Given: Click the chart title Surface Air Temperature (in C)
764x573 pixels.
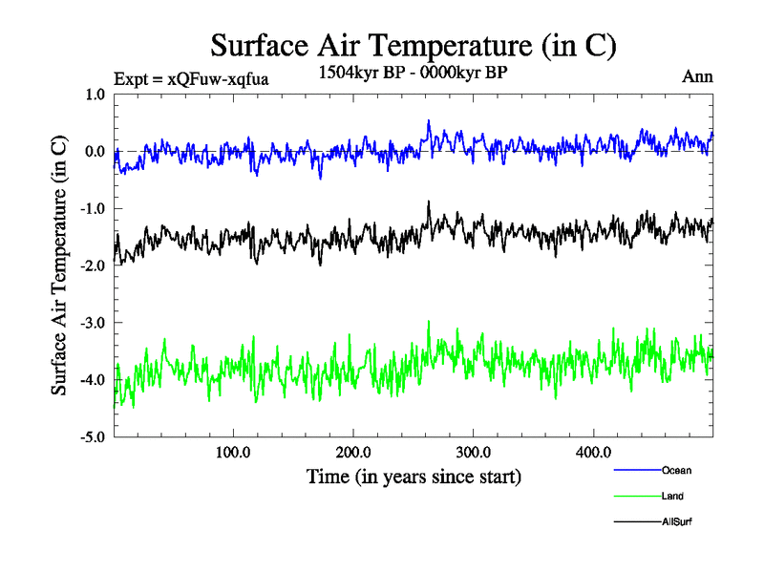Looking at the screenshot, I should click(x=414, y=46).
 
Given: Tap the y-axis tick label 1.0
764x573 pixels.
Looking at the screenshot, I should click(x=95, y=95).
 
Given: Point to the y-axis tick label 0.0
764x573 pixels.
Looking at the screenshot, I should click(x=95, y=152).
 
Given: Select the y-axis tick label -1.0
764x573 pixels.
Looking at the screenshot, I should click(x=93, y=209).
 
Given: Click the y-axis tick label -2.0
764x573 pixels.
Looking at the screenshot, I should click(x=93, y=266).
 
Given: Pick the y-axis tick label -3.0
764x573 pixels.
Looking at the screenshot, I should click(x=93, y=323).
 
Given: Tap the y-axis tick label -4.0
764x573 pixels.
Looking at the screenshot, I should click(x=93, y=380).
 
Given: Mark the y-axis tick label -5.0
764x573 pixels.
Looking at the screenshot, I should click(x=93, y=437).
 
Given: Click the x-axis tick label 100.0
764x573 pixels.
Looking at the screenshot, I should click(x=233, y=453).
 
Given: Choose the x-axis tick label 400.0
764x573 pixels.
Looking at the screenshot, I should click(x=593, y=453).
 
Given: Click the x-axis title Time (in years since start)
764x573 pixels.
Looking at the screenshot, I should click(x=414, y=476).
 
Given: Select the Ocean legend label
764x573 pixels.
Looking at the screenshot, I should click(x=675, y=471).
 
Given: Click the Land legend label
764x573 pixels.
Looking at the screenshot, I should click(x=672, y=497).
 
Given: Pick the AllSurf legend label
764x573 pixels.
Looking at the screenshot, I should click(x=676, y=522).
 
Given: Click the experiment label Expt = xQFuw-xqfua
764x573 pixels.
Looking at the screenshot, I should click(x=191, y=79).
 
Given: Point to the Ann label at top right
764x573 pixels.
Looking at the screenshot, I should click(x=697, y=76).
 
